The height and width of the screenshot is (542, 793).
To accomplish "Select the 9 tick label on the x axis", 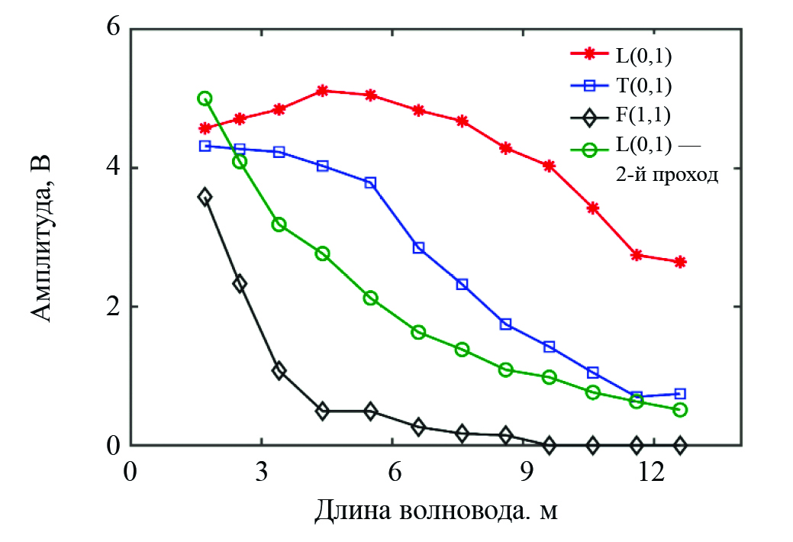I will (x=525, y=470).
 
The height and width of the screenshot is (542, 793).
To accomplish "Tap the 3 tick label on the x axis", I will (x=261, y=470).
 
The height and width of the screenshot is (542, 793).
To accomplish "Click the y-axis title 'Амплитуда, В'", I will (x=45, y=237).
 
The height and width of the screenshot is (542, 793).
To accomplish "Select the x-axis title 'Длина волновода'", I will (x=436, y=509).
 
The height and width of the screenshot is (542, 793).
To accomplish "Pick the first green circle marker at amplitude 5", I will (x=205, y=98).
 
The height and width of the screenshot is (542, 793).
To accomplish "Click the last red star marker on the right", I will (x=680, y=262).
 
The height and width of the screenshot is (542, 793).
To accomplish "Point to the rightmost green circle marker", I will (x=680, y=410).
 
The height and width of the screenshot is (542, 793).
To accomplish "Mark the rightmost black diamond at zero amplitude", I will (x=680, y=445).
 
